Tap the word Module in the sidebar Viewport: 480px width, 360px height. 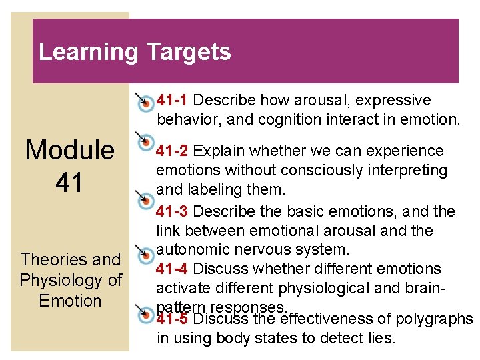(69, 151)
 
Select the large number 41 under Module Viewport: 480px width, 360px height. (69, 182)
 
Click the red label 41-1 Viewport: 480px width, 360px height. (173, 101)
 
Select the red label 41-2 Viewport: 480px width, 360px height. (172, 151)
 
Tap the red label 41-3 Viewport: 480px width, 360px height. (172, 212)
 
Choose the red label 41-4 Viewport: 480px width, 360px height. (172, 269)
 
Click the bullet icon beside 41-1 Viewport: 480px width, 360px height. (144, 102)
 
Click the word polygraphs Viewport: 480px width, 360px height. (434, 319)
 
